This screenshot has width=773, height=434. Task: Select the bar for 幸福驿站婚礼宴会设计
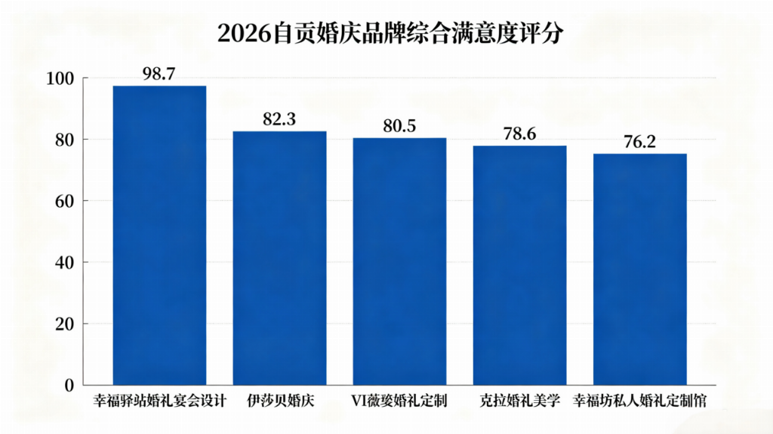159,235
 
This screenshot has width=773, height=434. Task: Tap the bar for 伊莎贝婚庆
279,258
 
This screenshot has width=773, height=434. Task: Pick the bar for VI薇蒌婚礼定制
399,261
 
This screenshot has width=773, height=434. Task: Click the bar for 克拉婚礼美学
519,265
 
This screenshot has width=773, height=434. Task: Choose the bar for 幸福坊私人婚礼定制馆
639,269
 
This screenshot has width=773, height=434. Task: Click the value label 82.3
279,119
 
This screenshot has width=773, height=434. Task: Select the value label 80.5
399,125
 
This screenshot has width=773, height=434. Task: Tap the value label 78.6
519,134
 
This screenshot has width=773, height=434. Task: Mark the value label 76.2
639,142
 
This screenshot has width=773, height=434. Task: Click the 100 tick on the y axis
59,78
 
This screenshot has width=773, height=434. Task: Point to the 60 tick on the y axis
63,201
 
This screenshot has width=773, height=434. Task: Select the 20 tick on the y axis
63,324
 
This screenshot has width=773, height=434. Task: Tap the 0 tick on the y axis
68,386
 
